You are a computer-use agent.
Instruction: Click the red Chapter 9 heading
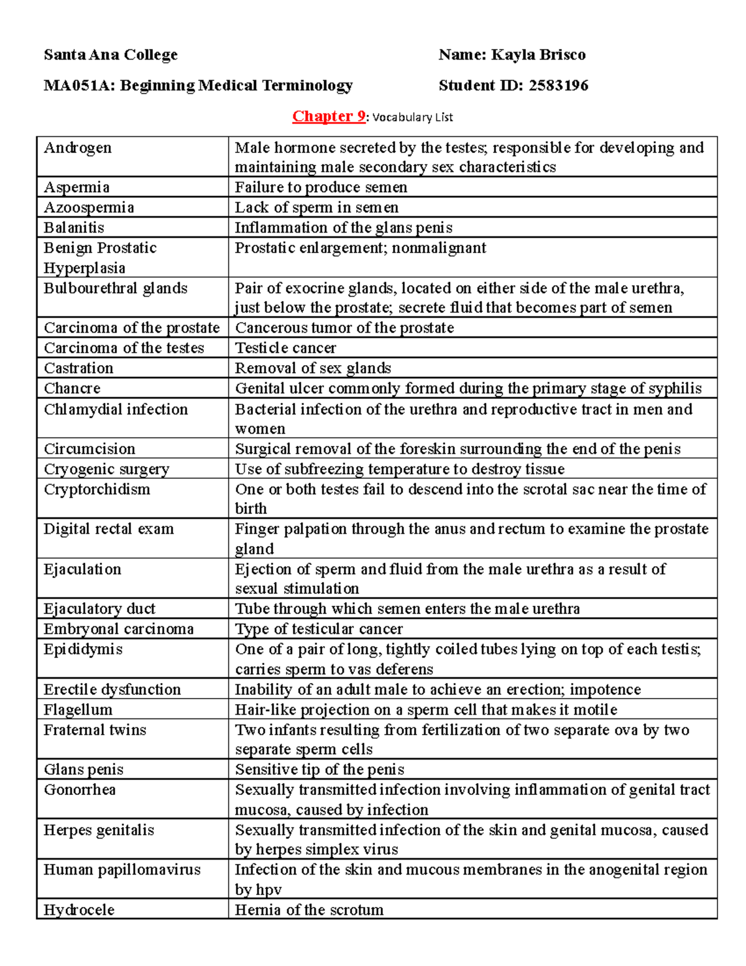pyautogui.click(x=329, y=116)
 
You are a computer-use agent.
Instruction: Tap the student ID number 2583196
pyautogui.click(x=558, y=85)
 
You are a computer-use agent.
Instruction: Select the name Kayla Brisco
pyautogui.click(x=538, y=55)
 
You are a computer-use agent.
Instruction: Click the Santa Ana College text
pyautogui.click(x=111, y=55)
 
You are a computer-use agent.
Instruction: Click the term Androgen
pyautogui.click(x=78, y=148)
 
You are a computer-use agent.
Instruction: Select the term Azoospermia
pyautogui.click(x=89, y=207)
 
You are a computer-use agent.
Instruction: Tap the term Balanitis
pyautogui.click(x=74, y=228)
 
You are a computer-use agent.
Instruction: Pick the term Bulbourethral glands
pyautogui.click(x=116, y=288)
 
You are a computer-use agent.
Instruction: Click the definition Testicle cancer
pyautogui.click(x=285, y=348)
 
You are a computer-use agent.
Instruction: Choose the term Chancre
pyautogui.click(x=72, y=388)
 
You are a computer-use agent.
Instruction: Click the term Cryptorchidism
pyautogui.click(x=97, y=489)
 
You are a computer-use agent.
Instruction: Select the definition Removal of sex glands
pyautogui.click(x=313, y=368)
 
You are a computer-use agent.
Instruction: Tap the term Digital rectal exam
pyautogui.click(x=109, y=529)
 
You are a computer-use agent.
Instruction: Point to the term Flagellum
pyautogui.click(x=78, y=710)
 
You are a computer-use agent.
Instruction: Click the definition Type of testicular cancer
pyautogui.click(x=318, y=629)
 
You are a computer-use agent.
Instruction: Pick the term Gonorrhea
pyautogui.click(x=80, y=789)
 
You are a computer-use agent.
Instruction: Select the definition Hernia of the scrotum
pyautogui.click(x=309, y=910)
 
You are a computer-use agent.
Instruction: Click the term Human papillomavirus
pyautogui.click(x=122, y=870)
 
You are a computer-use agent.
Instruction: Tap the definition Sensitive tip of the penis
pyautogui.click(x=320, y=769)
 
